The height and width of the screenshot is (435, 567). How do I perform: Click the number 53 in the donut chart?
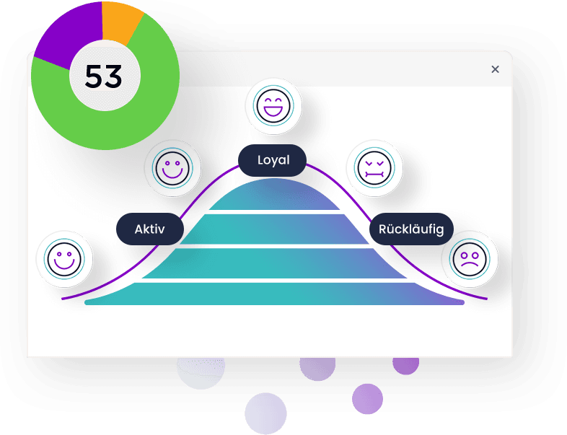click(x=103, y=76)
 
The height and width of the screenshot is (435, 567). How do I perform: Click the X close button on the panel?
click(x=495, y=69)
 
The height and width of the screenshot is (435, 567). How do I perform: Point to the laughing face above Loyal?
click(x=273, y=106)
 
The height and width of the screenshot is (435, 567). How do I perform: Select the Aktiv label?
click(x=150, y=229)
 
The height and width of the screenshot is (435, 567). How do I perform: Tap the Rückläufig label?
click(x=411, y=229)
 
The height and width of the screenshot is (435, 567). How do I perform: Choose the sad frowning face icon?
click(x=470, y=259)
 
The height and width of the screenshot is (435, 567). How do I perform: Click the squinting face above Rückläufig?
click(x=374, y=168)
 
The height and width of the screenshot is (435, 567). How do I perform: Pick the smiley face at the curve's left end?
click(x=64, y=259)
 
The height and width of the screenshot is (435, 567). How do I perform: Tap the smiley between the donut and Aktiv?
click(x=172, y=168)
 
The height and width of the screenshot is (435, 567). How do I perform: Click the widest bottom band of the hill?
click(x=274, y=294)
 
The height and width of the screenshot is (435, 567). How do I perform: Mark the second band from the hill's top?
click(x=274, y=229)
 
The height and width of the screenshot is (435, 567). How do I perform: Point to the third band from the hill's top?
click(x=274, y=263)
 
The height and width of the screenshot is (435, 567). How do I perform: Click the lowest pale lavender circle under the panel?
click(x=265, y=413)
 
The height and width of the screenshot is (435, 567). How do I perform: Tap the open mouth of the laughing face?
click(x=273, y=110)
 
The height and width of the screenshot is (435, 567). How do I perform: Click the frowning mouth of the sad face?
click(x=470, y=264)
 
